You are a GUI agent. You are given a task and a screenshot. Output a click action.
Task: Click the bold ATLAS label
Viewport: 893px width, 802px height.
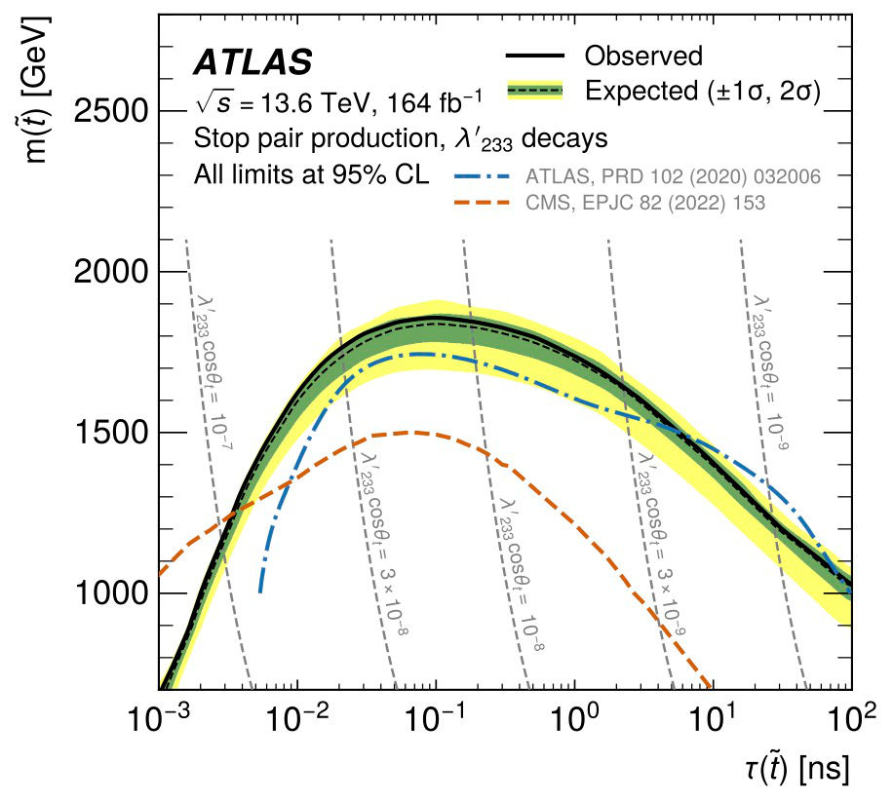(252, 62)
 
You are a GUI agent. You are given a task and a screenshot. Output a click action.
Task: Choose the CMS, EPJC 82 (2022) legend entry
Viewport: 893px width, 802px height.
(645, 203)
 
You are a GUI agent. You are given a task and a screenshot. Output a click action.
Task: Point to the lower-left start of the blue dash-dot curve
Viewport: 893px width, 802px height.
(260, 592)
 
